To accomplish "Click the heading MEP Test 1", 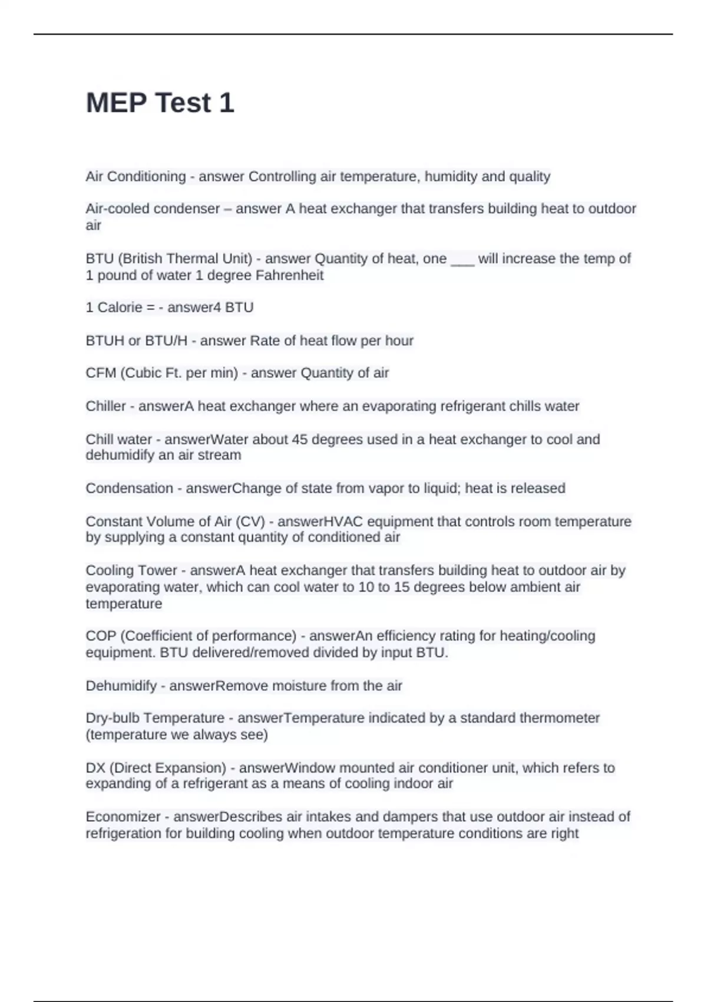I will click(x=160, y=103).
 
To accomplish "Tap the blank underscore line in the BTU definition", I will click(x=462, y=259).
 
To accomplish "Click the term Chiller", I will click(x=105, y=406).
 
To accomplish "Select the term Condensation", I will click(x=129, y=489).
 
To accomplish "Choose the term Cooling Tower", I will click(x=131, y=571).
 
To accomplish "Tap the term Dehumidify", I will click(x=121, y=686).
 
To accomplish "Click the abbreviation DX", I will click(x=95, y=768).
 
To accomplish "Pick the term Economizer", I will click(x=123, y=817).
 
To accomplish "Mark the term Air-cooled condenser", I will click(x=153, y=209).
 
